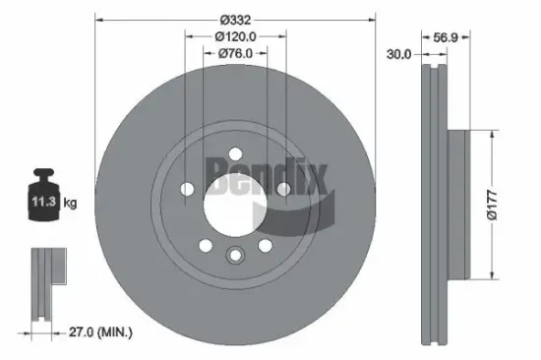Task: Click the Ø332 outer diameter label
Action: [235, 20]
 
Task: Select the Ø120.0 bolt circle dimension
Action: [235, 36]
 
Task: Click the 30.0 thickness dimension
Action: [398, 55]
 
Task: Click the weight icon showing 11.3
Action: [43, 201]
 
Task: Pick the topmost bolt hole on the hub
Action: [234, 152]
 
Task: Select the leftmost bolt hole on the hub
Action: [187, 188]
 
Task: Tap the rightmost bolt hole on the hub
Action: [282, 188]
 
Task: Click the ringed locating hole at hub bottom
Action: [234, 257]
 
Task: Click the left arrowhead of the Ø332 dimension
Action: [96, 19]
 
